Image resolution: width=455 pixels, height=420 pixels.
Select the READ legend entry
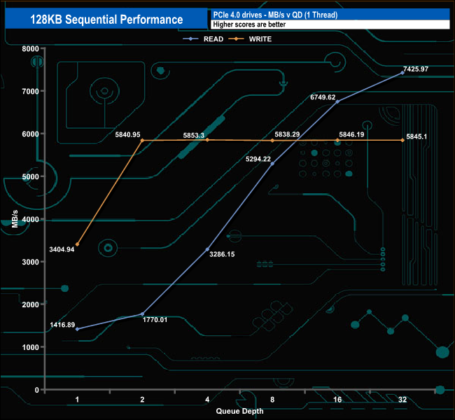click(213, 39)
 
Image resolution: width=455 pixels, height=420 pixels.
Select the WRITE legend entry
click(259, 39)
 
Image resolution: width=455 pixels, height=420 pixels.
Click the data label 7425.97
click(416, 69)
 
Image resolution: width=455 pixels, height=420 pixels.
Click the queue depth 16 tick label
click(337, 400)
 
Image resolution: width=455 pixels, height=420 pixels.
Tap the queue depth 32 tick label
click(402, 400)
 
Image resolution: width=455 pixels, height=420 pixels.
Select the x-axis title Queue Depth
click(240, 411)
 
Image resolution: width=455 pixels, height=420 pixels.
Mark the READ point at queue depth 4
click(207, 249)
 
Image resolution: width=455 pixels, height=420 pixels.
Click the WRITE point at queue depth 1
click(77, 244)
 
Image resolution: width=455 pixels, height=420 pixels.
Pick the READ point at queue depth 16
click(337, 101)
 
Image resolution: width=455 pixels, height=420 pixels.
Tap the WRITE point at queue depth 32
click(402, 140)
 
